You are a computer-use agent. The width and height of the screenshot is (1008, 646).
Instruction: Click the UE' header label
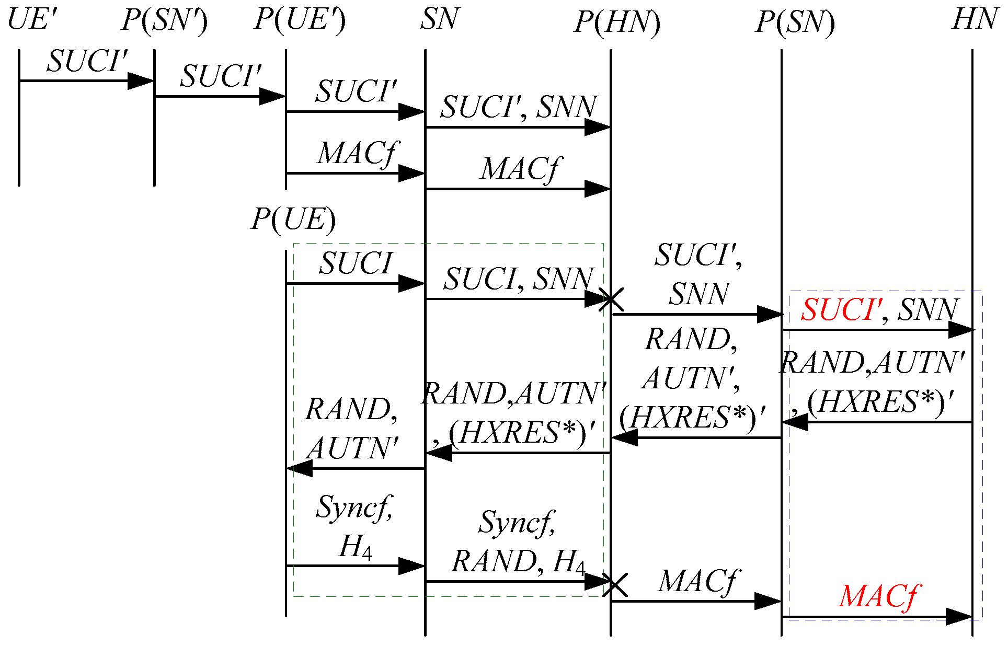point(31,20)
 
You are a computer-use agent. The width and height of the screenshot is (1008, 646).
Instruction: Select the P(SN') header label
point(164,21)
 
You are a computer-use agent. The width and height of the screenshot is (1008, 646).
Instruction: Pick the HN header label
point(975,20)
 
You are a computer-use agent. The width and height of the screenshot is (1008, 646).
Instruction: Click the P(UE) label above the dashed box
point(293,219)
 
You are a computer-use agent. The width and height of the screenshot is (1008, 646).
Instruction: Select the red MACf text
point(879,596)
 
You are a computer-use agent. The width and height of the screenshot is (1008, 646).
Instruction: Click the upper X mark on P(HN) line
point(611,299)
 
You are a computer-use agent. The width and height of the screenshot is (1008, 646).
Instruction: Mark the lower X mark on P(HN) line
point(615,584)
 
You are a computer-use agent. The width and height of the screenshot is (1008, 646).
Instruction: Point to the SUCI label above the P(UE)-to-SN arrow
point(356,263)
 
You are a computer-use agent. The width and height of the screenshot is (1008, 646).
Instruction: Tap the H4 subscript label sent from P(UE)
point(356,548)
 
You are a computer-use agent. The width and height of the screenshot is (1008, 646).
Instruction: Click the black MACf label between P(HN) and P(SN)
point(697,581)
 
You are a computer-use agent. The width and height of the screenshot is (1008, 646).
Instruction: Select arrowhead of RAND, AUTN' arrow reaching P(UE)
point(300,468)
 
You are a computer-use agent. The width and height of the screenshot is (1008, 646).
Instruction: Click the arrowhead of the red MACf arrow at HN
point(959,617)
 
